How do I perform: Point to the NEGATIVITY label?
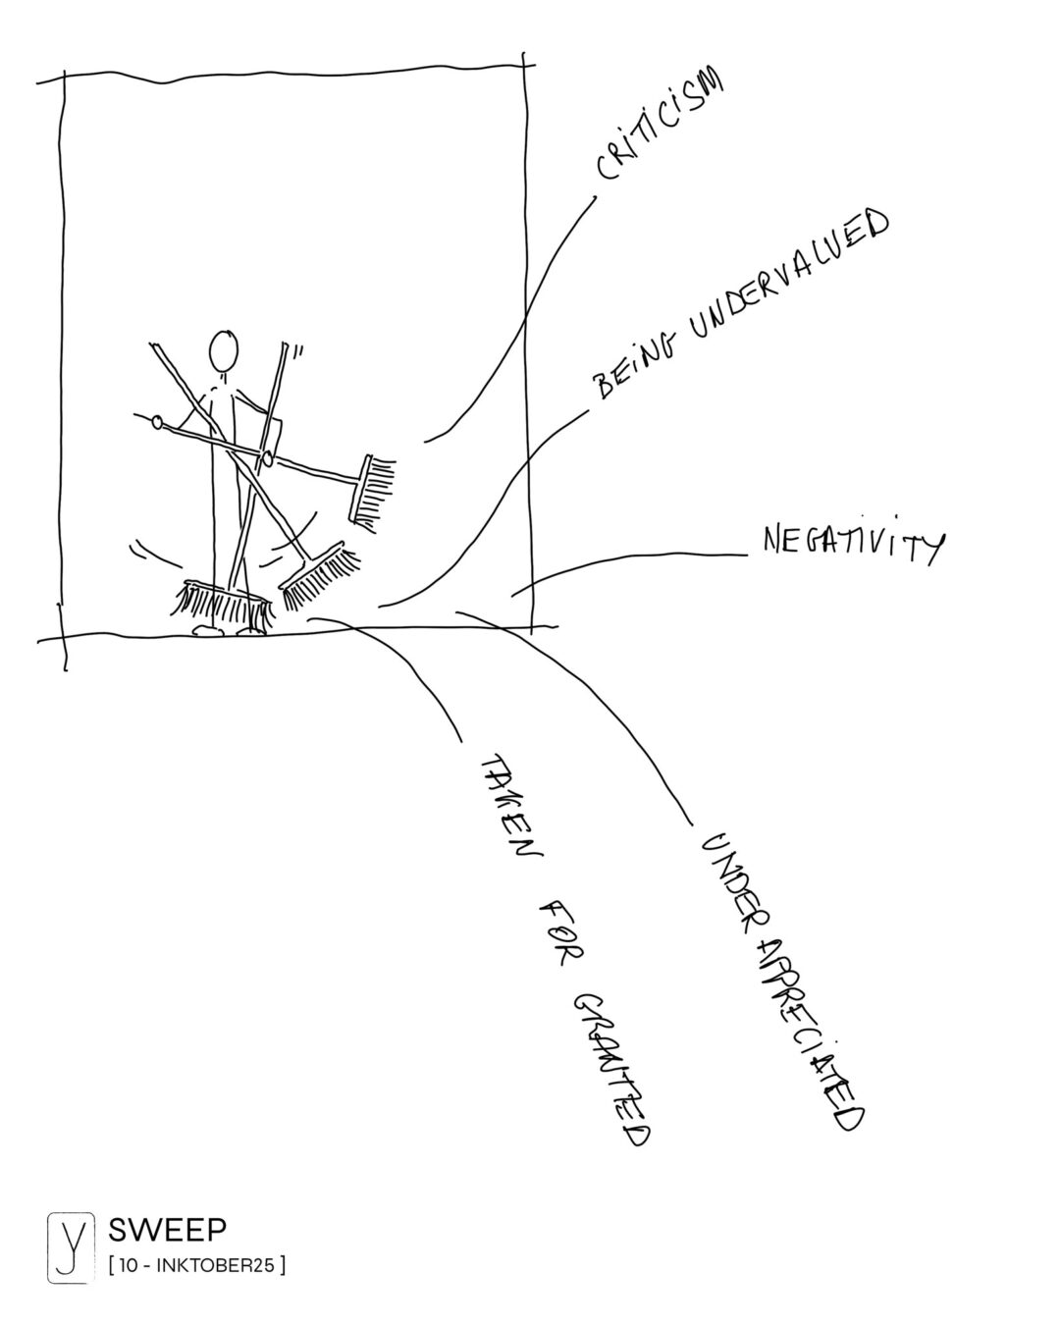(852, 544)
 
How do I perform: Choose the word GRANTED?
(613, 1065)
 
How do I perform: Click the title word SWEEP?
(167, 1228)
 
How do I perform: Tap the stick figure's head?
(224, 349)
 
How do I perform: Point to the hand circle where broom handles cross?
(266, 457)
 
